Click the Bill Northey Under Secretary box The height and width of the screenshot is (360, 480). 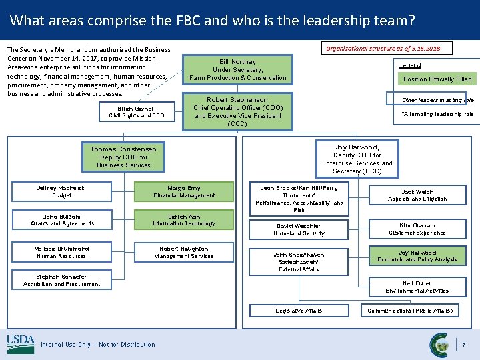pos(237,70)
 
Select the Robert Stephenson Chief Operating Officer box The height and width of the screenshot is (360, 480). pos(237,111)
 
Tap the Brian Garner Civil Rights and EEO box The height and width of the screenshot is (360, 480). pos(136,112)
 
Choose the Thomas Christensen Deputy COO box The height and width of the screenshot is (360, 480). pos(123,157)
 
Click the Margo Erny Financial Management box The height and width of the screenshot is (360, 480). pos(184,192)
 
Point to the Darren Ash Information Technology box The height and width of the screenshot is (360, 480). pos(184,220)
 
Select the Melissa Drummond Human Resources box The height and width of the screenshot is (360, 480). pos(62,252)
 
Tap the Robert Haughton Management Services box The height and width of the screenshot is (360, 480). pos(184,252)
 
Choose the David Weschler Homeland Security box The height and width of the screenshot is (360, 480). pos(299,229)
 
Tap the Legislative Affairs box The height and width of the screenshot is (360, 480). pos(299,311)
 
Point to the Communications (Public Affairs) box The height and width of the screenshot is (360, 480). pos(410,311)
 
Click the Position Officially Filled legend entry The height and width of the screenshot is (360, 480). pos(437,79)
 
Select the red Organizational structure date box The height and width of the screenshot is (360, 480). pos(387,48)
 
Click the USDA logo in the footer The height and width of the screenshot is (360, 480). pos(21,344)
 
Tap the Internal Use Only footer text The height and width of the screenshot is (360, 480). pos(98,345)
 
